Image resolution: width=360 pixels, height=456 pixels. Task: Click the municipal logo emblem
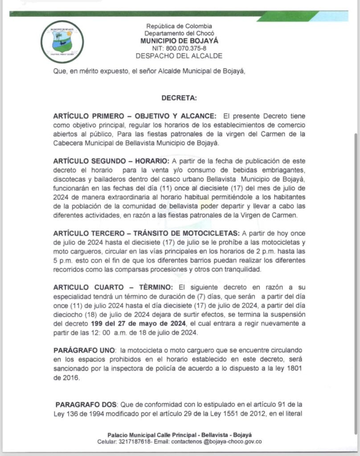[x=62, y=42]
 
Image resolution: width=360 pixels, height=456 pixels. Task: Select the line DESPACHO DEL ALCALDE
[x=179, y=56]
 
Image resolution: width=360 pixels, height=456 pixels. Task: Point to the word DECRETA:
[x=179, y=97]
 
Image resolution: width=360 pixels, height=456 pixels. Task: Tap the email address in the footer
[x=221, y=442]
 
